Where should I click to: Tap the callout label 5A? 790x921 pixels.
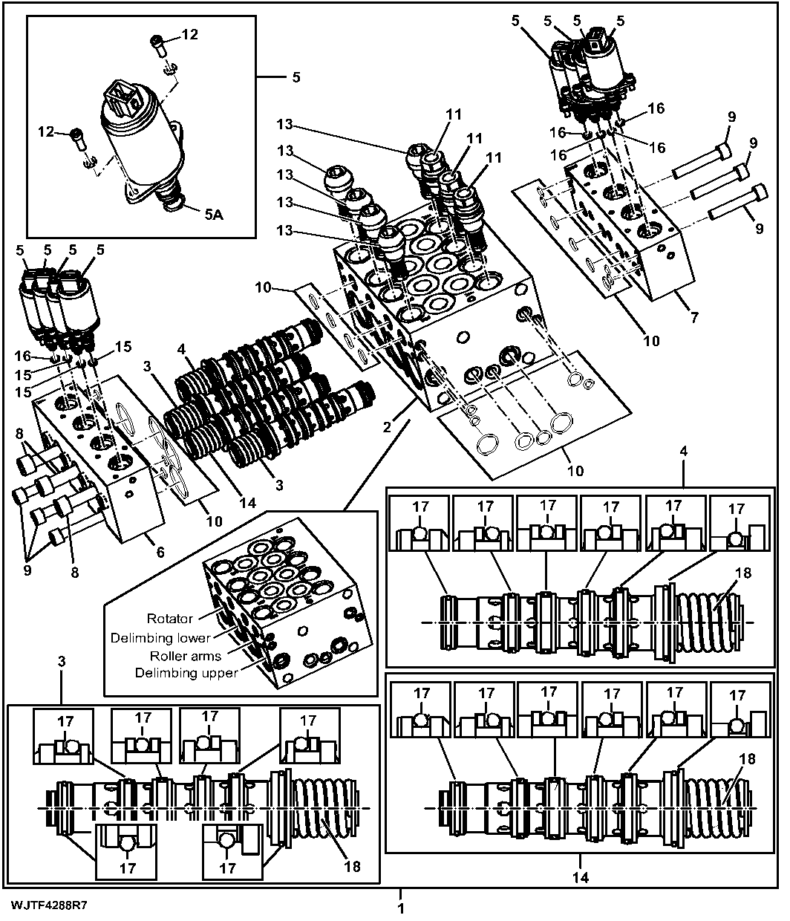click(x=214, y=215)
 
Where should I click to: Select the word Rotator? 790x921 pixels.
click(x=170, y=619)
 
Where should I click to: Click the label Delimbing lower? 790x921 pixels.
click(x=160, y=638)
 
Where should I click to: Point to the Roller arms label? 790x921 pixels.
click(x=186, y=656)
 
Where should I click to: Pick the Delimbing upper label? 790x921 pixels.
click(x=186, y=673)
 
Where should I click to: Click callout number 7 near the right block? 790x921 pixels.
click(x=694, y=317)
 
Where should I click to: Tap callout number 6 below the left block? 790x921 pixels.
click(x=160, y=552)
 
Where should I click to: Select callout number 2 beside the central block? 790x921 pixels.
click(x=387, y=427)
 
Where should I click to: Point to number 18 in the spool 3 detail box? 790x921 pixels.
click(x=353, y=867)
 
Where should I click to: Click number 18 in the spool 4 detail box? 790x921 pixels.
click(x=743, y=573)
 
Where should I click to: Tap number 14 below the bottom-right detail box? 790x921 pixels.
click(x=581, y=877)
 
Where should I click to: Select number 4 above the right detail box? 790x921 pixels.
click(x=684, y=452)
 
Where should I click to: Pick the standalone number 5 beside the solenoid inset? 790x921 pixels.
click(x=296, y=77)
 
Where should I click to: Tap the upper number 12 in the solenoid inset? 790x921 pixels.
click(x=190, y=34)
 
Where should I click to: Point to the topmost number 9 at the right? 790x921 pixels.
click(x=732, y=117)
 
